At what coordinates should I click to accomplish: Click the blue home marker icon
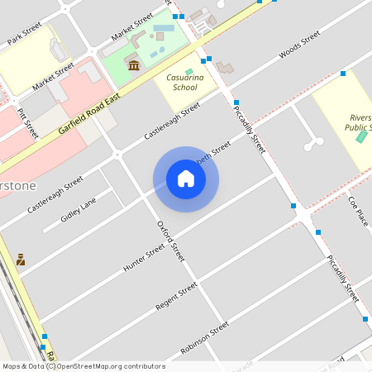click(186, 179)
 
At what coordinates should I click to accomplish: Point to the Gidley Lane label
click(79, 212)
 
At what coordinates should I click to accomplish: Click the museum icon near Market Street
click(133, 64)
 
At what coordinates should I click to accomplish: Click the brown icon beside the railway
click(21, 260)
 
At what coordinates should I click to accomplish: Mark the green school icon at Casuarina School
click(189, 72)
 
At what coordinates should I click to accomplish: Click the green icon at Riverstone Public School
click(360, 135)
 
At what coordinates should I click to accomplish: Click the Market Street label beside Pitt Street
click(53, 76)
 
